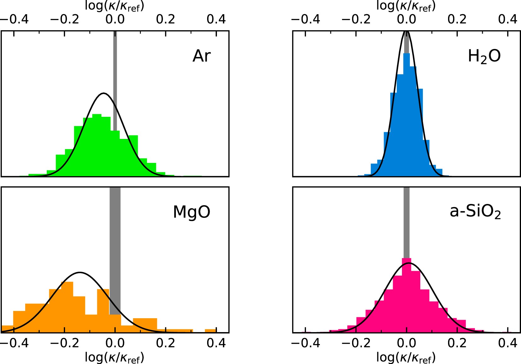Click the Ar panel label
click(201, 56)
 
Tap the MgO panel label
click(191, 212)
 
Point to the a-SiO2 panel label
click(475, 212)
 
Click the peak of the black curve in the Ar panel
click(103, 93)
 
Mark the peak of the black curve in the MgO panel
click(80, 272)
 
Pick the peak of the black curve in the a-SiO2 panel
click(408, 263)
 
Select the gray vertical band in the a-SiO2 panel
click(406, 221)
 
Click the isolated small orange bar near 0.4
click(210, 331)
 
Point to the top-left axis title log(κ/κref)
click(115, 6)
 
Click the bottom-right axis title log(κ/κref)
click(406, 357)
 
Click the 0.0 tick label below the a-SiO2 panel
click(406, 343)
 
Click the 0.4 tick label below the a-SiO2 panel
click(507, 343)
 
